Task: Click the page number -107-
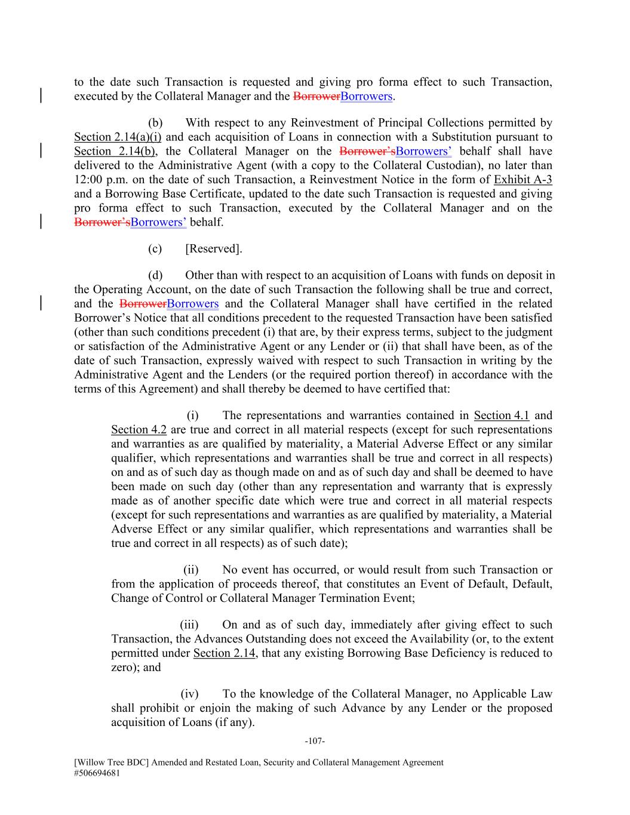314,741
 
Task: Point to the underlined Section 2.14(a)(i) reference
118,137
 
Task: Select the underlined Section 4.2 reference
139,430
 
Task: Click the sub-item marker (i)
192,416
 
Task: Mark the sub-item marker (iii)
189,625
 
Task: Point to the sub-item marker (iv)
189,694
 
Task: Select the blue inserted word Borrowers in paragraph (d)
193,304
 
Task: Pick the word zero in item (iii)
122,668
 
